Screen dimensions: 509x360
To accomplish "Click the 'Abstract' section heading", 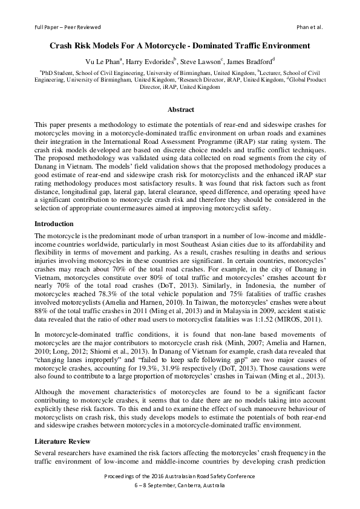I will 180,109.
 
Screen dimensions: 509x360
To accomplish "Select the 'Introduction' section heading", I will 55,224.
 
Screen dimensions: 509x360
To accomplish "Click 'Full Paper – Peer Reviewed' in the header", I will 67,27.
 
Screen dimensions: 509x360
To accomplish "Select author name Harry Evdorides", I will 149,60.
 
